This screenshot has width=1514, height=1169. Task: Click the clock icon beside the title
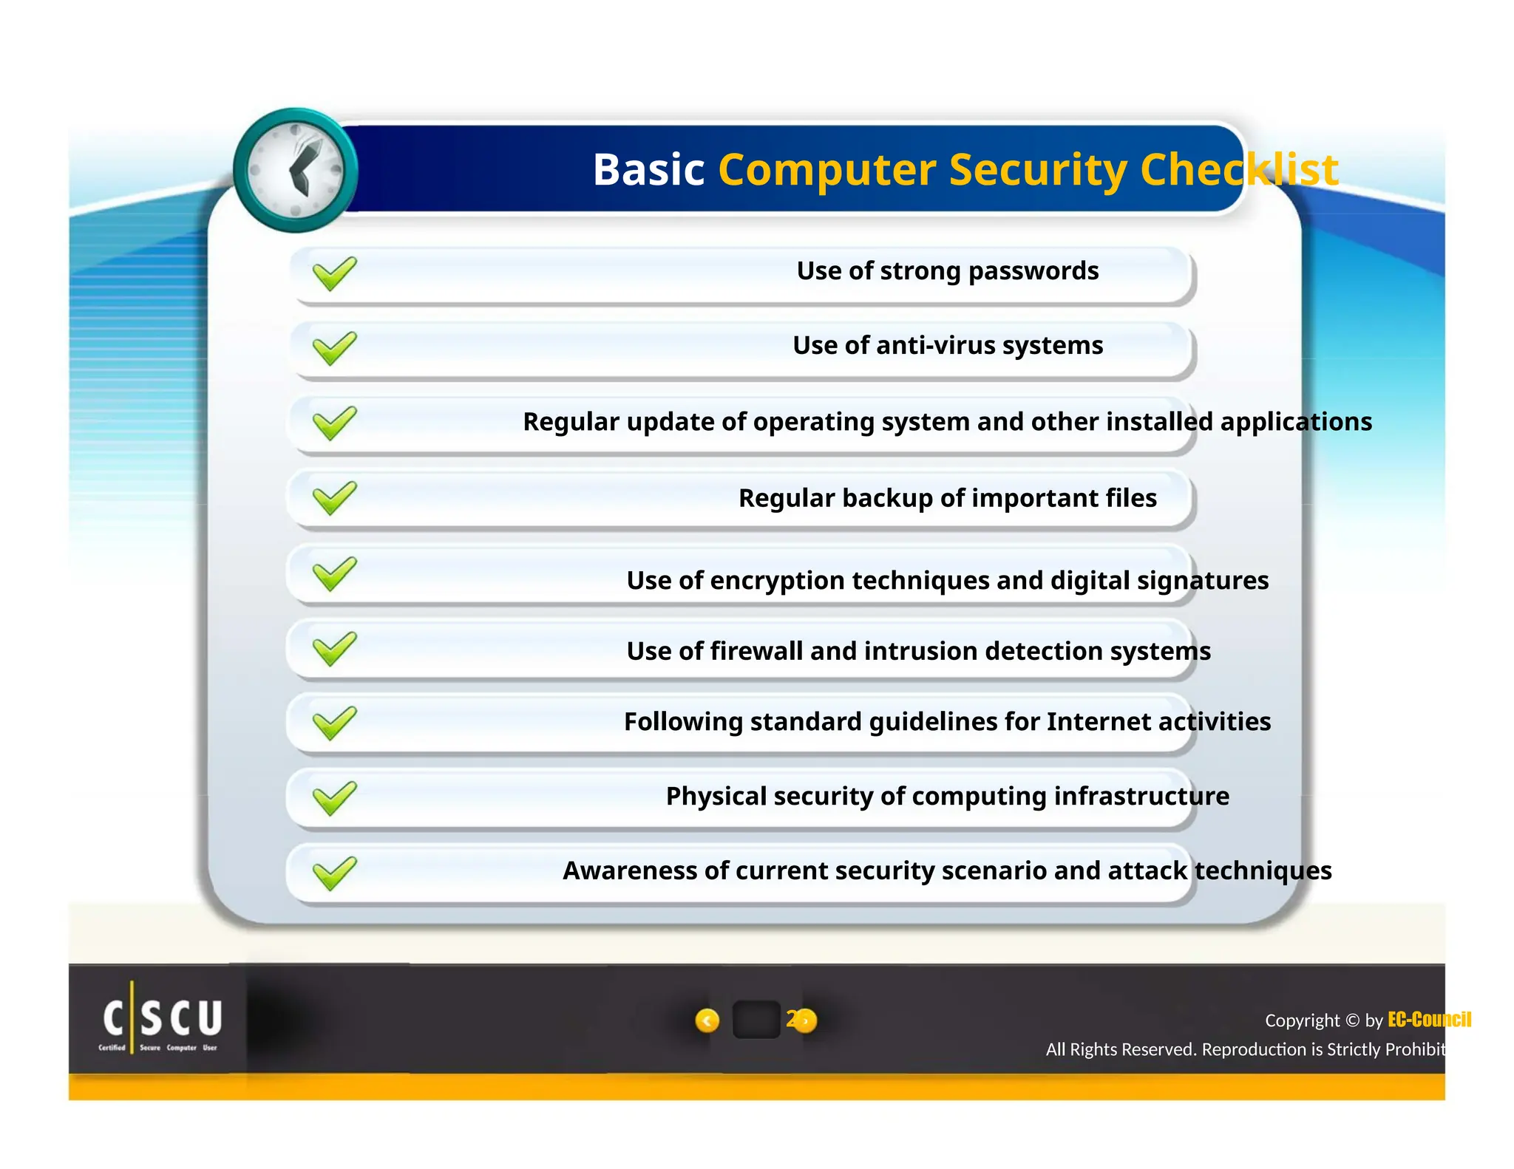296,171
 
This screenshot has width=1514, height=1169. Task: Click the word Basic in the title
648,170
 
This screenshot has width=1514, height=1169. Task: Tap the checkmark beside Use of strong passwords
334,273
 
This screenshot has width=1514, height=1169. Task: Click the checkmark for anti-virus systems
334,348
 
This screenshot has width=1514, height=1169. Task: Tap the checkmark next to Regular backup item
334,498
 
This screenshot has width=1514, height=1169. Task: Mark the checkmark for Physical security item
334,798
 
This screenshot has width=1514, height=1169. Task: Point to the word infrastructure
1141,796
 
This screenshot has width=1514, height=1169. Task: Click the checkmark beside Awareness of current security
334,873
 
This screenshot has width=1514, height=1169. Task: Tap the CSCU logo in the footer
161,1020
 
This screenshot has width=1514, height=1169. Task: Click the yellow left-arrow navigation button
707,1020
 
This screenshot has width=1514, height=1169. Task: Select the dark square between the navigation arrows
756,1020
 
